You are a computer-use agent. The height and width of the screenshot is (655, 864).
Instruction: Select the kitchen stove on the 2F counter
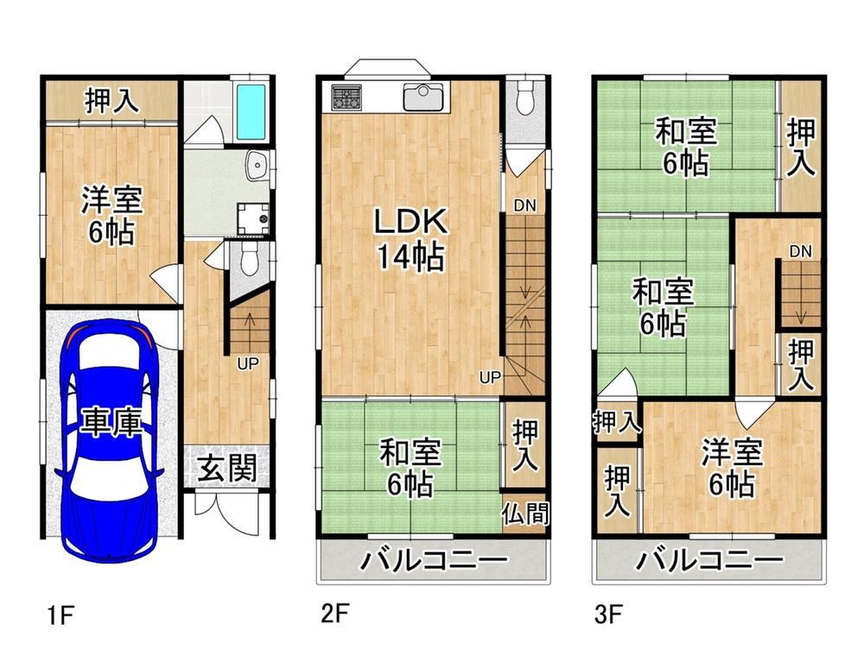click(346, 98)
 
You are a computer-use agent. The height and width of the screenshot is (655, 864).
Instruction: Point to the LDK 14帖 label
click(410, 238)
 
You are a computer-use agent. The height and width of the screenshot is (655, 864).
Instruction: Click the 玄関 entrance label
click(227, 469)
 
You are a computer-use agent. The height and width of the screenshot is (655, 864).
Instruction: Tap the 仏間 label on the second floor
click(525, 513)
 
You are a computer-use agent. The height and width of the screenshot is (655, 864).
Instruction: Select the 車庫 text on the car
click(111, 422)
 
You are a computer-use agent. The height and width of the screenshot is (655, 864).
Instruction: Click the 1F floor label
click(60, 614)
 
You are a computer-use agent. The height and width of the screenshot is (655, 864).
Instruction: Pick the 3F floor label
click(608, 614)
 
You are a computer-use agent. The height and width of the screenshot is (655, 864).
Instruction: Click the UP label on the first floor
click(248, 363)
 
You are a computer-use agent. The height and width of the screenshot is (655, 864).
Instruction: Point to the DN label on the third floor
click(800, 251)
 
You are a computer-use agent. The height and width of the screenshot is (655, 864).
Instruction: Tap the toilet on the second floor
click(526, 97)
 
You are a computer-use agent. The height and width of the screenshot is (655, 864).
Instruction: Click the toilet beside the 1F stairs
click(251, 259)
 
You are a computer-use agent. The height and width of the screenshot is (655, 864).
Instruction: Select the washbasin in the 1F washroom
click(257, 165)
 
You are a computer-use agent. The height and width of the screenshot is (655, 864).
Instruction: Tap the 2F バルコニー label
click(434, 562)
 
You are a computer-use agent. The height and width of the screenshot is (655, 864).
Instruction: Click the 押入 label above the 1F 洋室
click(111, 101)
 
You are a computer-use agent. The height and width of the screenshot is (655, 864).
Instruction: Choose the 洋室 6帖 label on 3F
click(731, 468)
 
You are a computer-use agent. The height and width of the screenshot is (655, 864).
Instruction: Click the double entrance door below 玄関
click(226, 512)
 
